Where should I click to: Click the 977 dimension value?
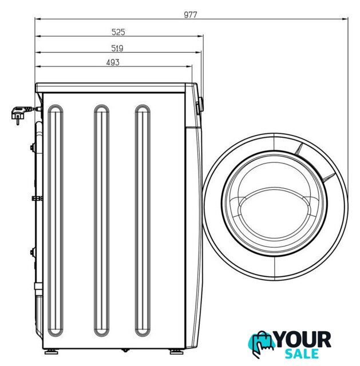(191, 15)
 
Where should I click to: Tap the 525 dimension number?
(118, 32)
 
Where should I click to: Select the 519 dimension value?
(117, 48)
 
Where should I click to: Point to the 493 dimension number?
(113, 62)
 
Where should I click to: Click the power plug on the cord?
(20, 113)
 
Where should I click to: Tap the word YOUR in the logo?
(303, 340)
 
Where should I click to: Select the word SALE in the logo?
(302, 353)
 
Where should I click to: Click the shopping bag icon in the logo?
(261, 344)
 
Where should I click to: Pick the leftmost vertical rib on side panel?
(56, 220)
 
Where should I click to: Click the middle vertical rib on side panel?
(101, 220)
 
